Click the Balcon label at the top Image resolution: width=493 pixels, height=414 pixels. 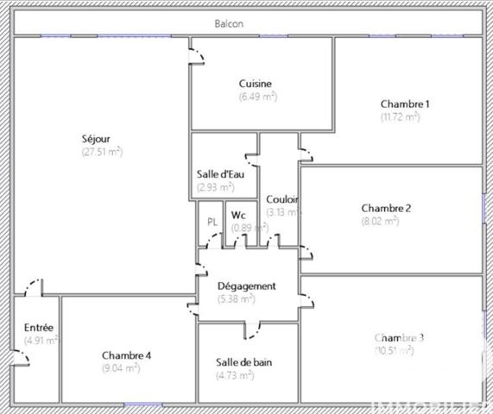coord(229,23)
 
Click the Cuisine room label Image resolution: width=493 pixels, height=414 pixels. coord(256,84)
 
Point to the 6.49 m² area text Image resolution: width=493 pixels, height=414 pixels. coord(257,97)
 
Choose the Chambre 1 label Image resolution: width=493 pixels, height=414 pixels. coord(405,103)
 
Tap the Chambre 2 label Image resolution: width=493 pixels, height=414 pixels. coord(386,208)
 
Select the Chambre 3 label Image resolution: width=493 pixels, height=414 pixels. coord(399,337)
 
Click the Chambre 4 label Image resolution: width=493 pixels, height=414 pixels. coord(127,355)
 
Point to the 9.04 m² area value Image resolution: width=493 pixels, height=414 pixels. coord(121,368)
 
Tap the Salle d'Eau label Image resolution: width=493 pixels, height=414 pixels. coord(221,174)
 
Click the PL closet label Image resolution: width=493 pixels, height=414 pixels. coord(212,222)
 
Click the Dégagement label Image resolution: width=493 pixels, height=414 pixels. coord(246,286)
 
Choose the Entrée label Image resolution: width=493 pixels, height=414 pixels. coord(39,328)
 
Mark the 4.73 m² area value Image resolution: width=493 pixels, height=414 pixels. coord(235,375)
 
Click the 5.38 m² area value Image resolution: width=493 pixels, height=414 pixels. coord(237,299)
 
